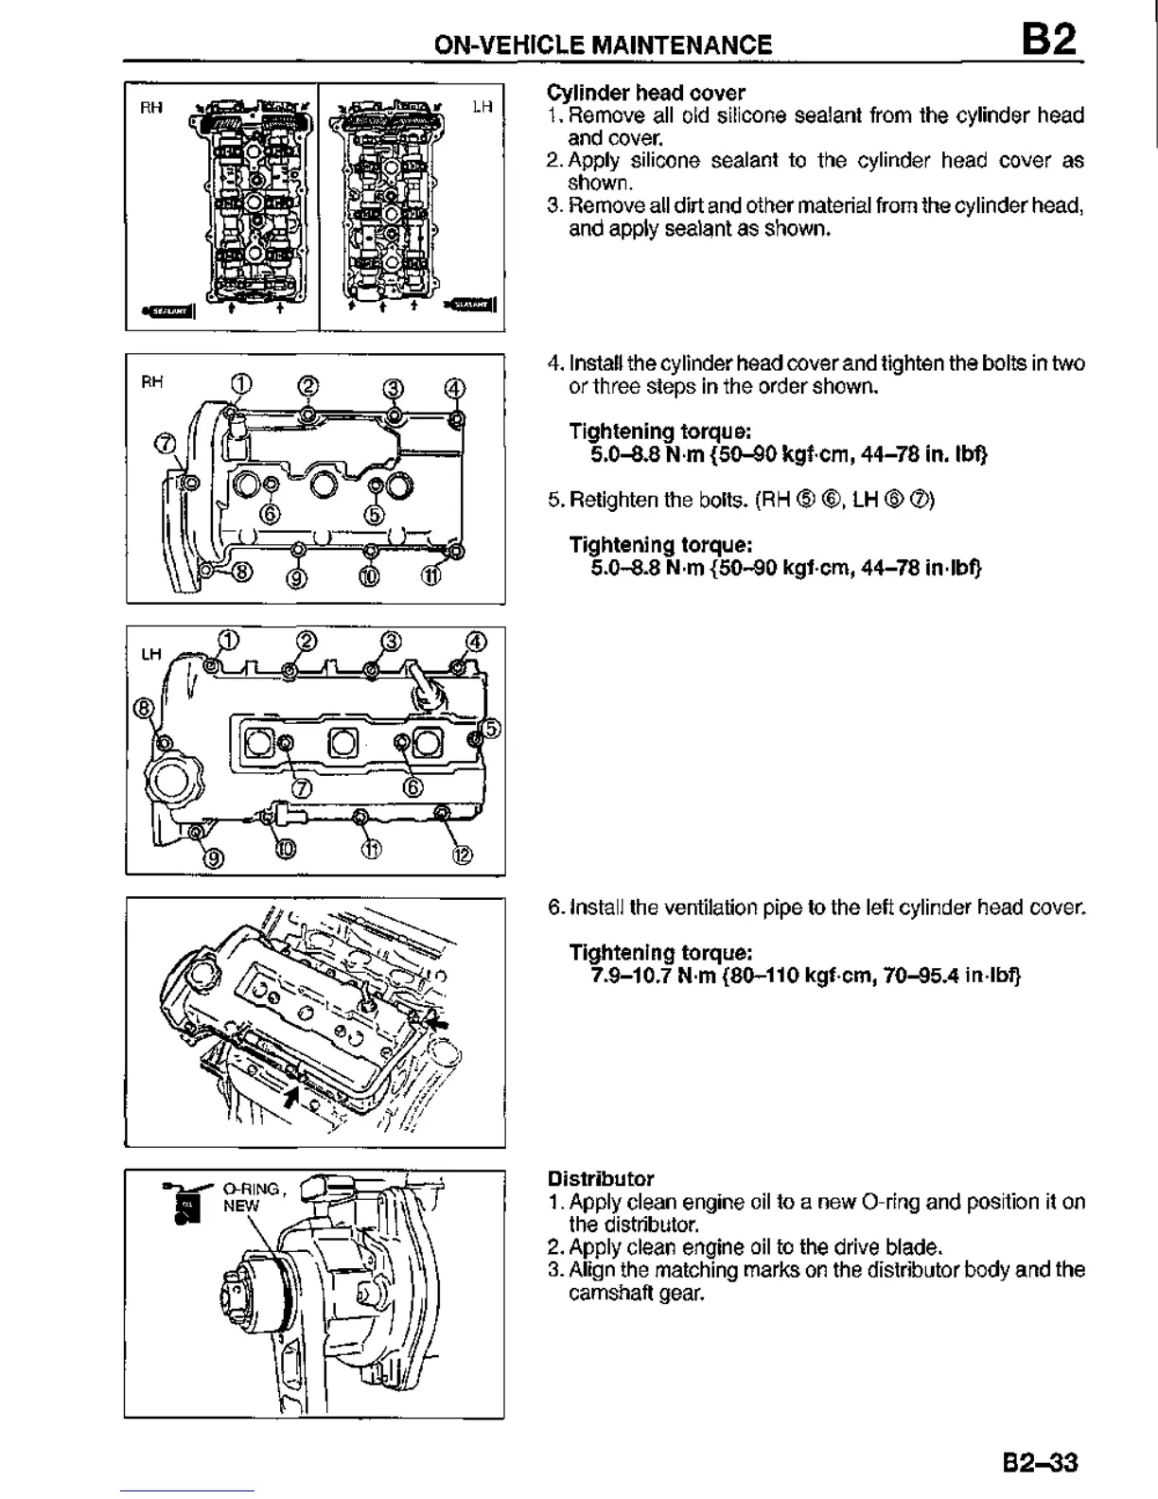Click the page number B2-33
pyautogui.click(x=1040, y=1462)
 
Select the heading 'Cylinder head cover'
pyautogui.click(x=646, y=93)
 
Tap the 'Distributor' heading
pyautogui.click(x=601, y=1179)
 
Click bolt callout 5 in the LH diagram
pyautogui.click(x=492, y=728)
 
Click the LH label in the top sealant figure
pyautogui.click(x=482, y=108)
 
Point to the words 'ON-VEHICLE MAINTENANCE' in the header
pyautogui.click(x=603, y=44)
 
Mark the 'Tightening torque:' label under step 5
pyautogui.click(x=660, y=545)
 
